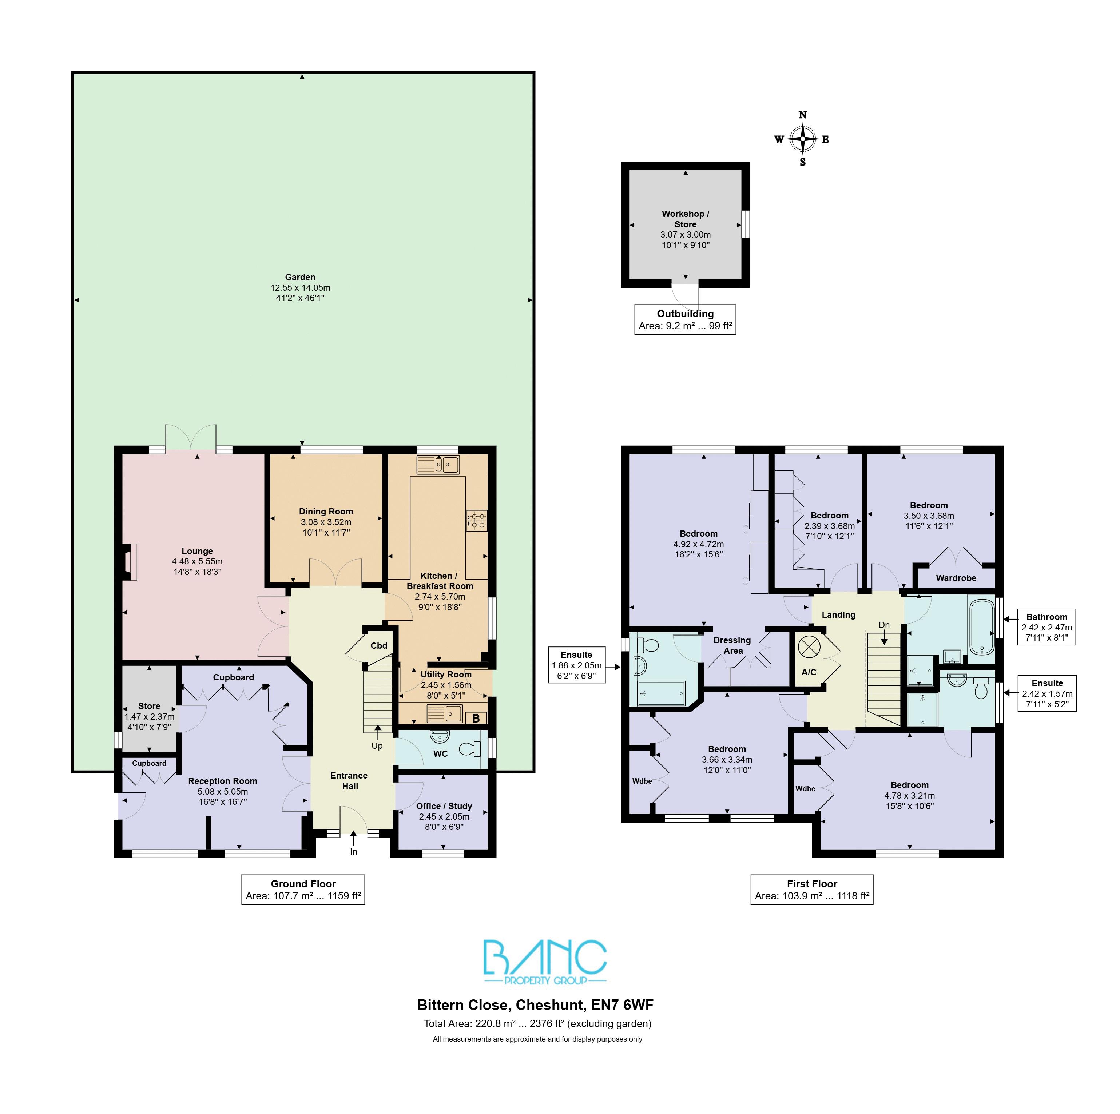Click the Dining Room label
[326, 511]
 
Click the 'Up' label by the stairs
[377, 746]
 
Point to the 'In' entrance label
[354, 851]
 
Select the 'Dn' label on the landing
[884, 625]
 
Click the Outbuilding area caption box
[685, 320]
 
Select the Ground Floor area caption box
[303, 890]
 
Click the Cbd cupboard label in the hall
[379, 646]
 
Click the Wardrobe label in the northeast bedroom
[956, 578]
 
